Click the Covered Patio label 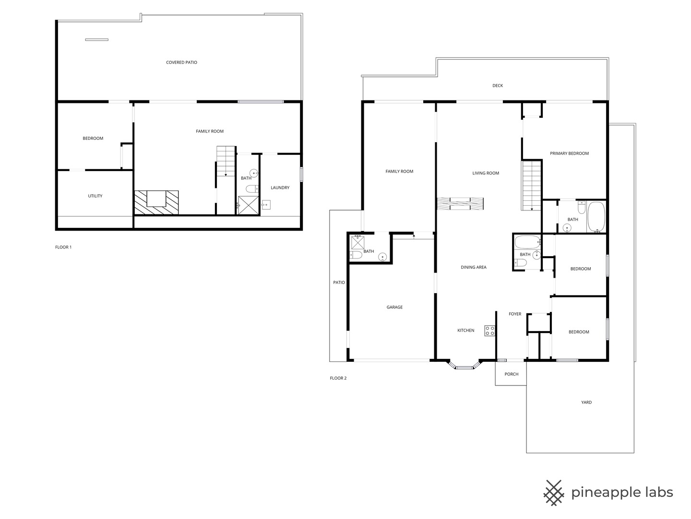(181, 62)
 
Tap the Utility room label (95, 196)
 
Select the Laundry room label (280, 188)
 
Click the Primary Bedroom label (569, 154)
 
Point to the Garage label (394, 308)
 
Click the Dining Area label (474, 268)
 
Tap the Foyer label (515, 314)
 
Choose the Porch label (512, 374)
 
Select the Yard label (586, 403)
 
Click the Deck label (498, 86)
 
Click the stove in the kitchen (489, 331)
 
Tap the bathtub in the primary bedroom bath (596, 217)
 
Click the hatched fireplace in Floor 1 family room (156, 202)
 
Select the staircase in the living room (531, 185)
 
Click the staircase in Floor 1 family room (226, 161)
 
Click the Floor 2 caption (338, 378)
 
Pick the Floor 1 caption (63, 247)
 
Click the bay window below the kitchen (464, 367)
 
